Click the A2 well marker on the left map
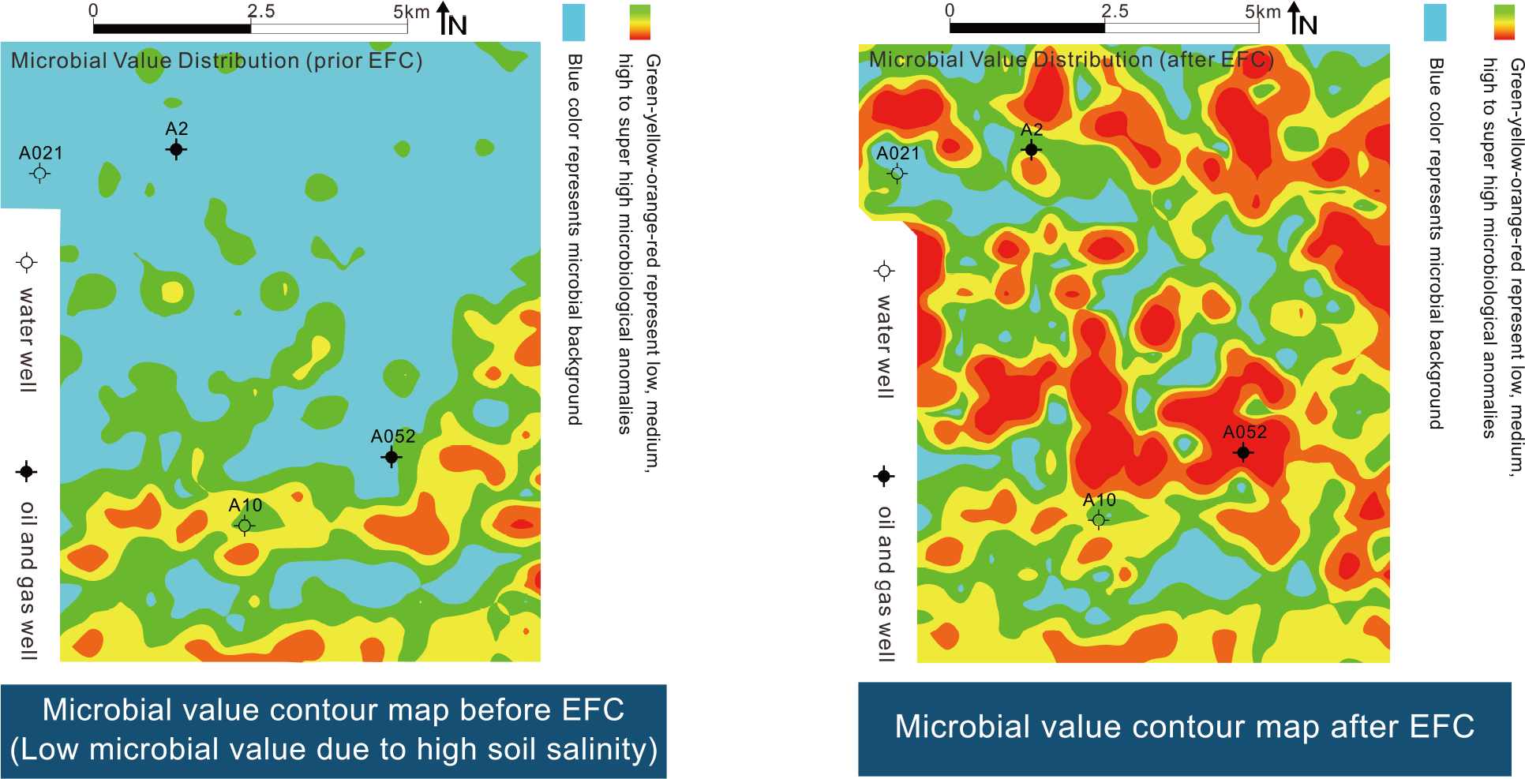click(x=177, y=149)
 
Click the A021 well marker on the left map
click(x=39, y=173)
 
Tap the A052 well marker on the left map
click(x=392, y=456)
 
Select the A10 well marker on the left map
click(x=245, y=525)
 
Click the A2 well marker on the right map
click(x=1031, y=149)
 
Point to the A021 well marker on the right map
click(x=897, y=173)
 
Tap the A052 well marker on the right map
click(x=1243, y=452)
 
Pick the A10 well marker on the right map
click(x=1098, y=519)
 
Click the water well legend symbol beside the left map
click(x=27, y=262)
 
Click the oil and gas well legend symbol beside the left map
click(x=27, y=472)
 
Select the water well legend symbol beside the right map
click(x=884, y=271)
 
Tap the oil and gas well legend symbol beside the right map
click(x=884, y=476)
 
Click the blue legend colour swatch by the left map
click(x=574, y=22)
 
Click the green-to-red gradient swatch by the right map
click(x=1504, y=22)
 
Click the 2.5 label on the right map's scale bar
click(x=1115, y=11)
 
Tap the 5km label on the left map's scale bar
click(x=411, y=12)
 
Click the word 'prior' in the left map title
click(x=335, y=61)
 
